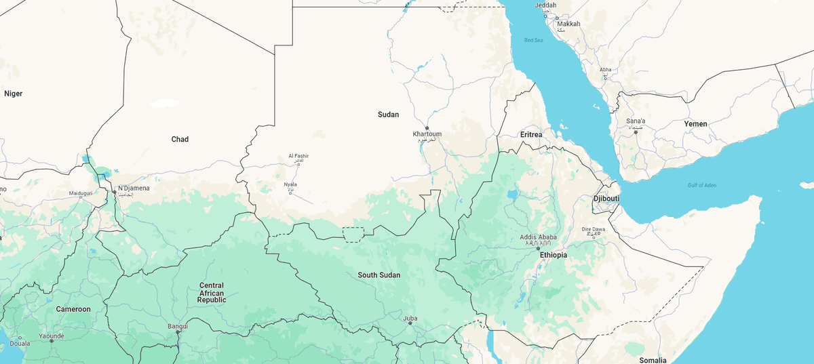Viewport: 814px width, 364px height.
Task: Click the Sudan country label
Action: (388, 115)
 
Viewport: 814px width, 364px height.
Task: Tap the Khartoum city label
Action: (427, 134)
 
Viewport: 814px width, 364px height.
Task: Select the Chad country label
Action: (180, 139)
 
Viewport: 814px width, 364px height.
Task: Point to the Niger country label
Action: (14, 94)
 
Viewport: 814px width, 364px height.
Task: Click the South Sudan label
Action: (379, 275)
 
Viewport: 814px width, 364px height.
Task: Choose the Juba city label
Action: (410, 318)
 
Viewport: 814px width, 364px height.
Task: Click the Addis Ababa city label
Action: (538, 237)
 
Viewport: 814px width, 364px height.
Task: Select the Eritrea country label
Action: (531, 135)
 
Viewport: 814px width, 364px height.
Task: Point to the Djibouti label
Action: (606, 199)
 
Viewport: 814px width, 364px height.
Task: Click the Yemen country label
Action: (695, 124)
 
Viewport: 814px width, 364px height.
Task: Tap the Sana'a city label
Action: (636, 121)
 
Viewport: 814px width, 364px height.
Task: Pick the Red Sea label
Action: (534, 41)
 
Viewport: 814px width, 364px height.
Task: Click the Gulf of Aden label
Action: (701, 186)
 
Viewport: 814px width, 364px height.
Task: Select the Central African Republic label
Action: (212, 292)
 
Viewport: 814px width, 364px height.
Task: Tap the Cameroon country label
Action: (73, 309)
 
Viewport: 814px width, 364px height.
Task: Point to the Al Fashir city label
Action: (298, 157)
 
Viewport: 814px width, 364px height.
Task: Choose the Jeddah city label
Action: (545, 5)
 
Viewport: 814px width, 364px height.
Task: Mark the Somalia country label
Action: (653, 360)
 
